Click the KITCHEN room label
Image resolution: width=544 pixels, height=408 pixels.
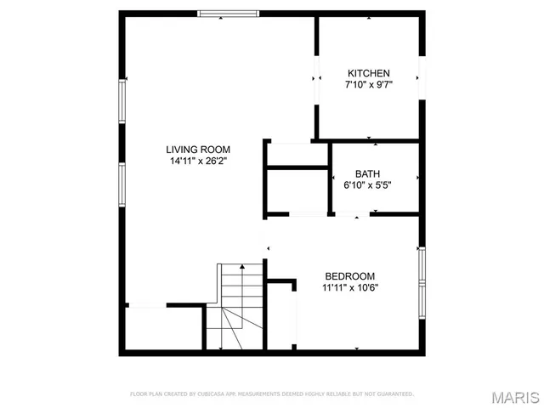pyautogui.click(x=368, y=73)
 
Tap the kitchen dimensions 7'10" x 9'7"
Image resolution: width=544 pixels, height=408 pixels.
pyautogui.click(x=368, y=85)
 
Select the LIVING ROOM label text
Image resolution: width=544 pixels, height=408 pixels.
pyautogui.click(x=198, y=149)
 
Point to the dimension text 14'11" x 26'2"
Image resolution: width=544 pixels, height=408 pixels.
pyautogui.click(x=198, y=161)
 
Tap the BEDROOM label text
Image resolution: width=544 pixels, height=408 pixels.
pyautogui.click(x=349, y=276)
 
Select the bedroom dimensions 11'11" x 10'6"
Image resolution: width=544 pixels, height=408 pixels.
pyautogui.click(x=349, y=288)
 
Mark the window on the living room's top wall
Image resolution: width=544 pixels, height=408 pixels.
pyautogui.click(x=228, y=14)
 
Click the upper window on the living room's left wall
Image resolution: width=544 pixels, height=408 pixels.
pyautogui.click(x=122, y=98)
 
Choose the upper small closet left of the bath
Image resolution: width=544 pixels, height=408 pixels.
pyautogui.click(x=297, y=154)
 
